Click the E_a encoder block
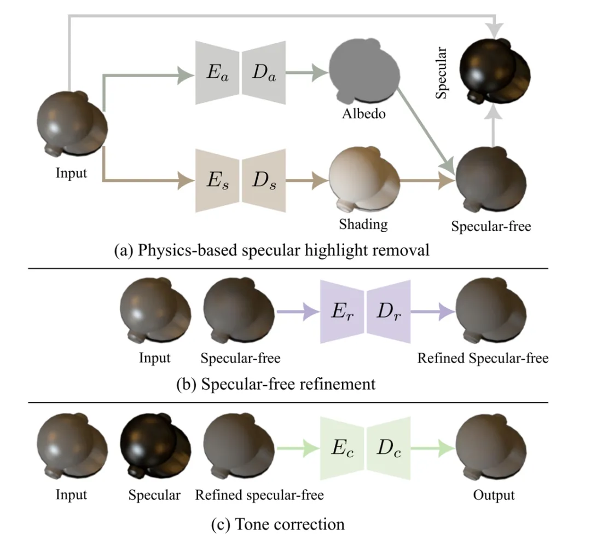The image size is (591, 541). [x=217, y=73]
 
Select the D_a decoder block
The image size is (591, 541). [x=264, y=73]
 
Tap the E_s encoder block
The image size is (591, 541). [x=217, y=180]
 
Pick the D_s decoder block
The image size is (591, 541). [x=264, y=180]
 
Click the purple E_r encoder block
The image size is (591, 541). [x=342, y=312]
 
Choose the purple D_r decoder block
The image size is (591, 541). [x=389, y=312]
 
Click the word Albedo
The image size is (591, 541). [x=363, y=114]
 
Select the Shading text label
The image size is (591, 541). [x=363, y=223]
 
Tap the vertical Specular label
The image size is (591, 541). [x=442, y=73]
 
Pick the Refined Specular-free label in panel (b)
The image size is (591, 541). [x=483, y=359]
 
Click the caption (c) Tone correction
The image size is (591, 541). [x=278, y=524]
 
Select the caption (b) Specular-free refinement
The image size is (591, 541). [x=276, y=384]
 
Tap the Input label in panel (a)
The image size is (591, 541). [x=71, y=174]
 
